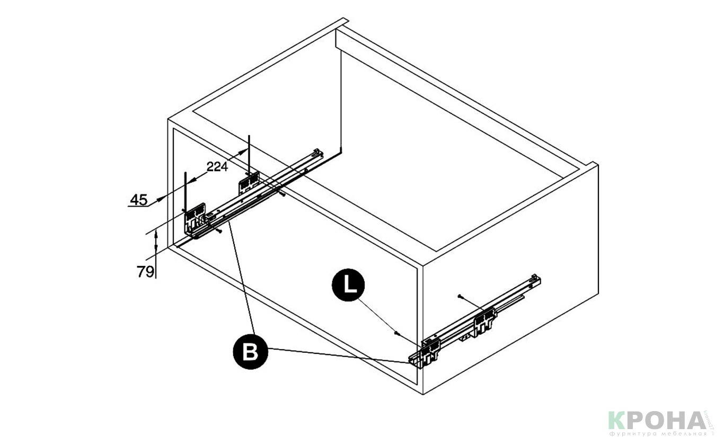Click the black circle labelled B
251,351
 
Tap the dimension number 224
217,167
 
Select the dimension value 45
138,200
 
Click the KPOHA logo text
657,421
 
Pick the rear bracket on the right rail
484,322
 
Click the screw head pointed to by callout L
395,332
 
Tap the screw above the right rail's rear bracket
460,295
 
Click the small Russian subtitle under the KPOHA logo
657,433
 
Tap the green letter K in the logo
618,421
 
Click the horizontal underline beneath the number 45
139,206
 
